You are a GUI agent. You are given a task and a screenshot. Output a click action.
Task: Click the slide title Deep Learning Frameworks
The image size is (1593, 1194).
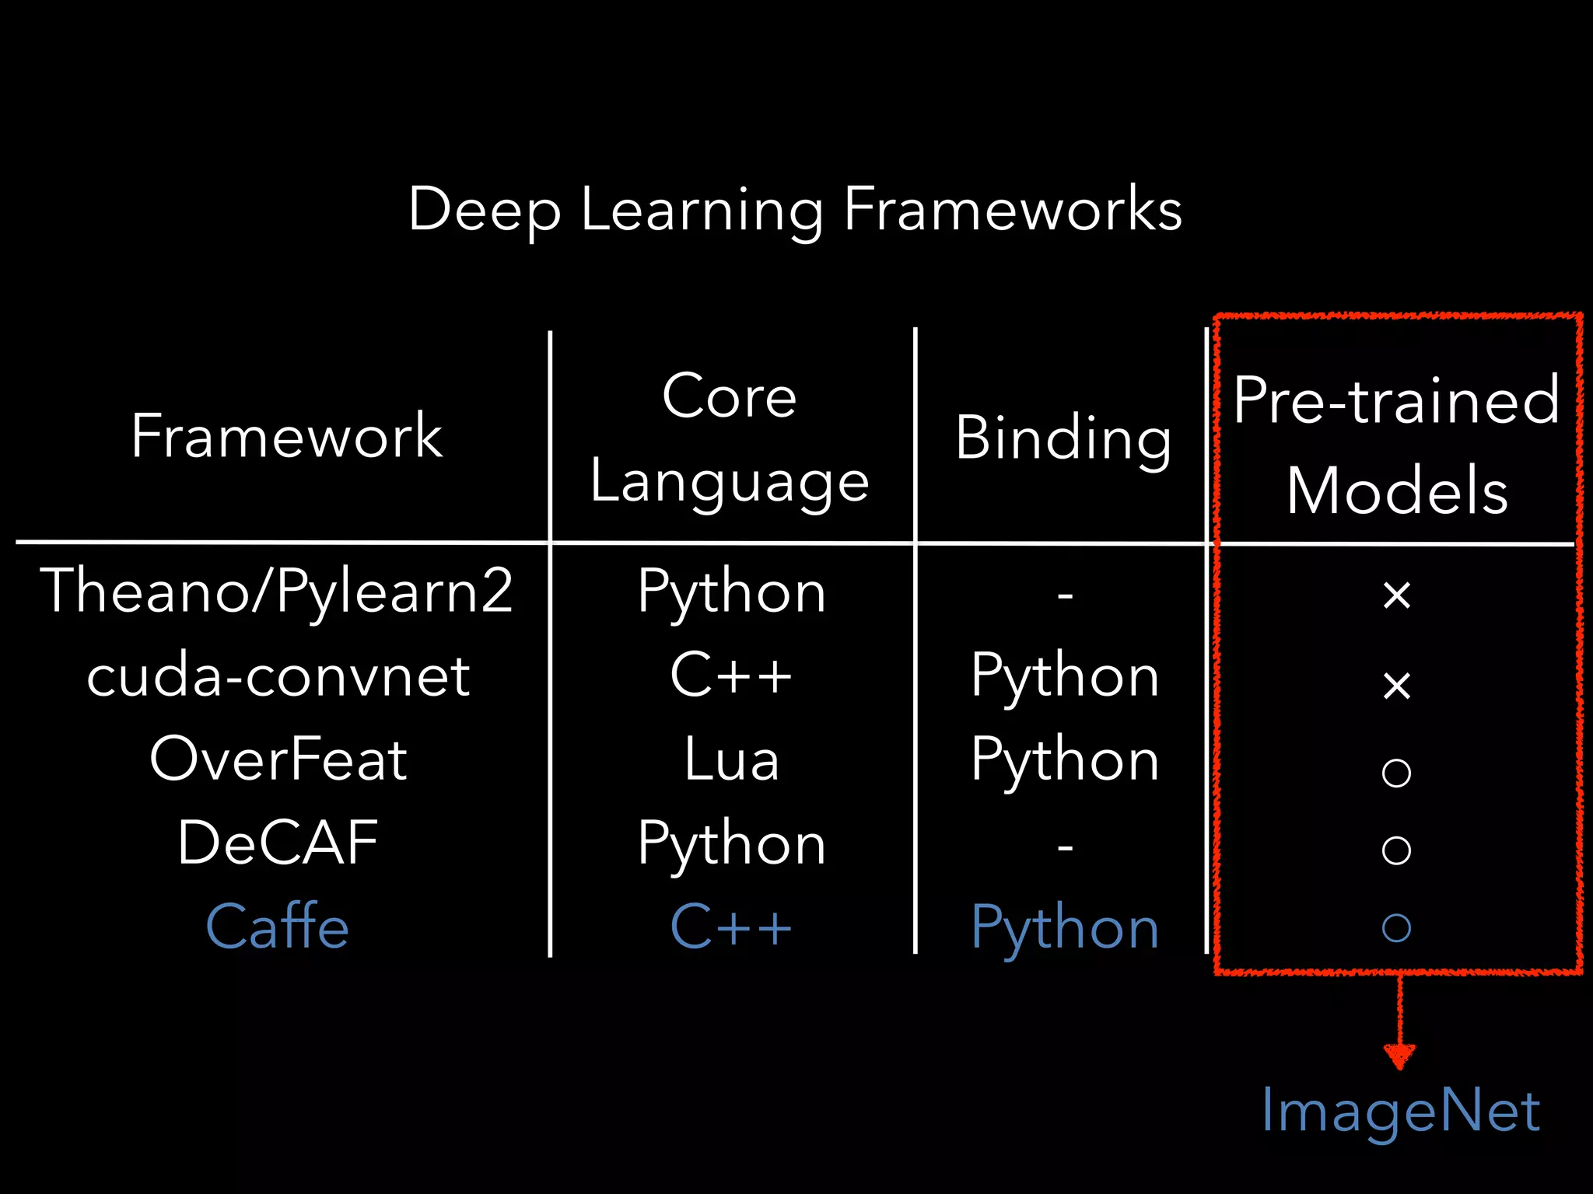(x=795, y=210)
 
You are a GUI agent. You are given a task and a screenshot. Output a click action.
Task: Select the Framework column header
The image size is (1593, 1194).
(x=286, y=436)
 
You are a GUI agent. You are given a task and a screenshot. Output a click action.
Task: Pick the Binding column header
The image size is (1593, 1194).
(x=1063, y=438)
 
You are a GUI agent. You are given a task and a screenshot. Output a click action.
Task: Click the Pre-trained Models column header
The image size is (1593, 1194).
(x=1397, y=445)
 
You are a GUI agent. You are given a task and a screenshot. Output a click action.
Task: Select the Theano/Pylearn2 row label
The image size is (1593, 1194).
(x=277, y=592)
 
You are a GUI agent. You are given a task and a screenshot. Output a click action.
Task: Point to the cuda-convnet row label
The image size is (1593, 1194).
(x=278, y=676)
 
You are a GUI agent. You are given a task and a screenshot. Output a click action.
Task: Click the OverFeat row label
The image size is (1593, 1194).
(x=278, y=759)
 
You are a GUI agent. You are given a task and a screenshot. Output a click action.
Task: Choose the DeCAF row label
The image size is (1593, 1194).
(x=278, y=843)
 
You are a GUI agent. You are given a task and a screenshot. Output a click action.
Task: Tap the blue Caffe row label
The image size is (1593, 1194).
(x=278, y=927)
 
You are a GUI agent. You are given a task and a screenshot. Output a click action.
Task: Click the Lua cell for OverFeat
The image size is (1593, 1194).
(x=731, y=759)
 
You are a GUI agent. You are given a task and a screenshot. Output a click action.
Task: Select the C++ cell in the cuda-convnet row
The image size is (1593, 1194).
(x=731, y=675)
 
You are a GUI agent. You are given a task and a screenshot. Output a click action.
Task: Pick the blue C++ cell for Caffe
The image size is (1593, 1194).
(x=731, y=927)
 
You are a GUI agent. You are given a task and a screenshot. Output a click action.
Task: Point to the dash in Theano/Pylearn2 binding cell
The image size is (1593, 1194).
(x=1065, y=596)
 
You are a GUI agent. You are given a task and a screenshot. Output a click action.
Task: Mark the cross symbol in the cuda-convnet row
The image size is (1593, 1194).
(x=1397, y=686)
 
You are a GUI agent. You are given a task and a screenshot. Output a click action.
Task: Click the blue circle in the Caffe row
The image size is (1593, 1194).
(x=1397, y=927)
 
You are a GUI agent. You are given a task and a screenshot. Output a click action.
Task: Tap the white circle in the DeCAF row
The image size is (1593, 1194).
(x=1397, y=850)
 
